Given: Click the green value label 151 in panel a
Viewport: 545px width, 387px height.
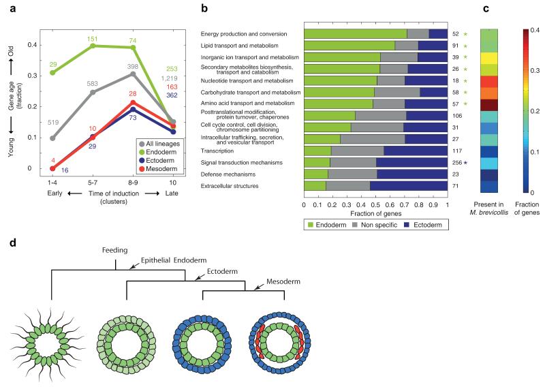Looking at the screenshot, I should tap(93, 39).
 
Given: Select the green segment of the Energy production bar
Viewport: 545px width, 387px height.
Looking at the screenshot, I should tap(354, 33).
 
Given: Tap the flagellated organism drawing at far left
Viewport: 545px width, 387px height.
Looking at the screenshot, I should tap(52, 338).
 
